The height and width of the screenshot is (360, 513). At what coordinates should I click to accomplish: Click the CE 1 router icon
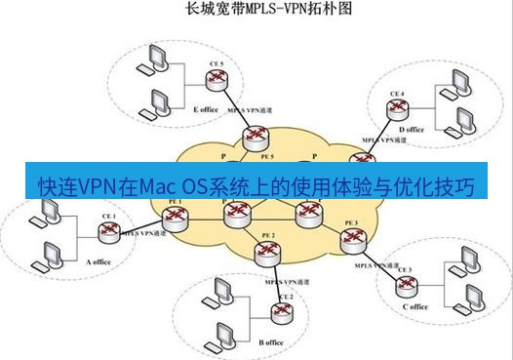point(107,231)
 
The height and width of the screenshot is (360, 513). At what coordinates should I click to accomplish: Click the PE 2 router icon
point(266,253)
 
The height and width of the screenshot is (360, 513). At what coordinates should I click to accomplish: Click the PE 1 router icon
point(176,219)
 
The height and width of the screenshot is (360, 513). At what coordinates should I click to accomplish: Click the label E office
point(207,110)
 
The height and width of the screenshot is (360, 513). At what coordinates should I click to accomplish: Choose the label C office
point(414,306)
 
